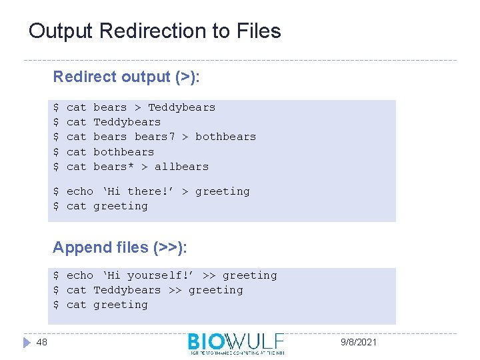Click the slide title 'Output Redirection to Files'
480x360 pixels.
click(x=155, y=31)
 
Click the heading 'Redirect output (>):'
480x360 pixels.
click(x=127, y=77)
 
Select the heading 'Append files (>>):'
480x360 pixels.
click(x=120, y=247)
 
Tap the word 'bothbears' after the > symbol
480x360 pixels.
click(x=225, y=137)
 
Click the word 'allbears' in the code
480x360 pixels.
click(x=181, y=167)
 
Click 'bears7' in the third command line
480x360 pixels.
click(x=155, y=137)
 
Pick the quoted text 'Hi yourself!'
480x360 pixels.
click(x=147, y=275)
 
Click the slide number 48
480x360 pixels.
click(x=41, y=342)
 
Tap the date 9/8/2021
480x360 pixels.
click(x=359, y=342)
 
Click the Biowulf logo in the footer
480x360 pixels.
click(x=236, y=343)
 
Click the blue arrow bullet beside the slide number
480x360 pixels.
click(x=26, y=342)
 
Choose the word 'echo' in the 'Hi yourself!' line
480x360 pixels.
click(x=80, y=275)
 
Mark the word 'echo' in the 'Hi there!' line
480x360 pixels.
click(x=80, y=191)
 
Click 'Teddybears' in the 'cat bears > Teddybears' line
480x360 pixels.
click(x=181, y=107)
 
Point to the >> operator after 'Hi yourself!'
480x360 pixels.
click(x=209, y=275)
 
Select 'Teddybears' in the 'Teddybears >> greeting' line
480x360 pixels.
click(x=127, y=290)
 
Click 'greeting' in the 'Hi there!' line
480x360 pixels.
click(x=222, y=191)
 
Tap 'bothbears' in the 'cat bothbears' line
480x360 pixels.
click(x=123, y=152)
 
